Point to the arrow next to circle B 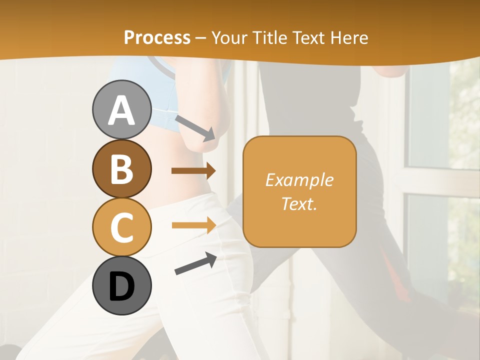tap(193, 171)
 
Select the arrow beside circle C tap(193, 225)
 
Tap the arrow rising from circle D tap(195, 263)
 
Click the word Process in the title tap(157, 37)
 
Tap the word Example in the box tap(299, 180)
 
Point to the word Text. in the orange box tap(299, 203)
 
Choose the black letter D tap(121, 286)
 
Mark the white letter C tap(121, 227)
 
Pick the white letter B tap(121, 169)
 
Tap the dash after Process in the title tap(201, 38)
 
